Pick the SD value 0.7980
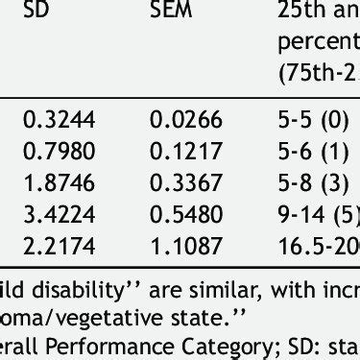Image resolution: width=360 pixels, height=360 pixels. [59, 150]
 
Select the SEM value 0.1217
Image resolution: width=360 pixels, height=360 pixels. [185, 150]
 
